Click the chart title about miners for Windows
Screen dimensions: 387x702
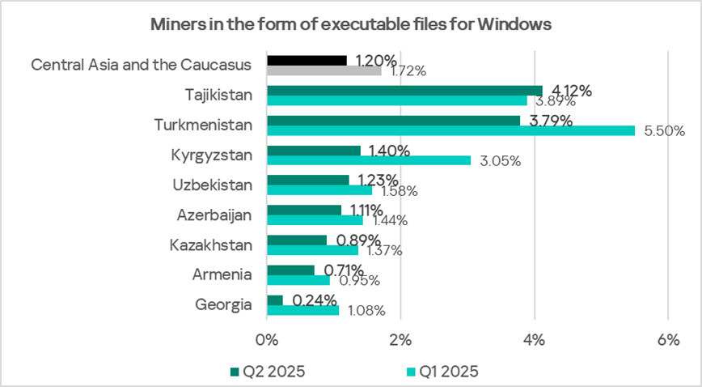351,24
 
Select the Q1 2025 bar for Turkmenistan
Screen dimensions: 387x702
450,130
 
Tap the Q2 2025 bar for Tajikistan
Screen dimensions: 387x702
404,90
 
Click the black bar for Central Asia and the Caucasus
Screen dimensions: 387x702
307,60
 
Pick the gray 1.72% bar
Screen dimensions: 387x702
324,70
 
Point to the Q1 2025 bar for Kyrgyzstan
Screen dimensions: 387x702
368,160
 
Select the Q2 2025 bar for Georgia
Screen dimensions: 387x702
274,300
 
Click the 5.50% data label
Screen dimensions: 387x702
663,130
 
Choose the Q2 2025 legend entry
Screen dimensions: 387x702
267,371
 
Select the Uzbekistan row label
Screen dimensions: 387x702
214,185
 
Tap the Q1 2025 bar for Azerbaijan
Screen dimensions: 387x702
315,220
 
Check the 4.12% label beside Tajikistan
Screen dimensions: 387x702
571,91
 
